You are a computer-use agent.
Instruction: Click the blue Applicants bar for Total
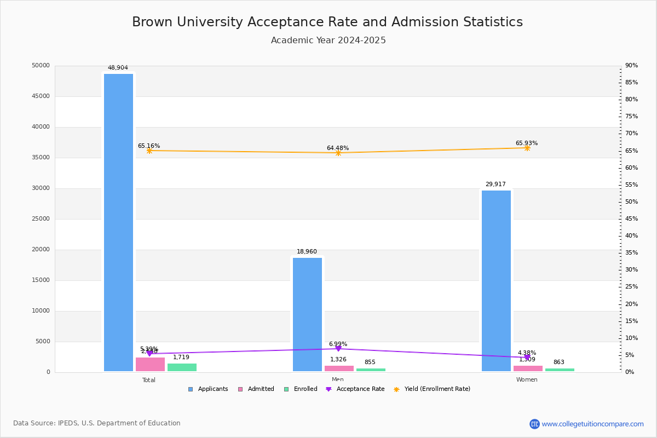pyautogui.click(x=118, y=222)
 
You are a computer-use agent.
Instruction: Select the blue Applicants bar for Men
pyautogui.click(x=307, y=314)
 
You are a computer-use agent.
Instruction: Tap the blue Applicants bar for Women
pyautogui.click(x=496, y=281)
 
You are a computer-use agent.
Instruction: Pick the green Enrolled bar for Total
pyautogui.click(x=182, y=367)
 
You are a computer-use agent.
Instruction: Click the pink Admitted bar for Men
pyautogui.click(x=339, y=368)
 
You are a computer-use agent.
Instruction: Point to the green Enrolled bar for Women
pyautogui.click(x=560, y=370)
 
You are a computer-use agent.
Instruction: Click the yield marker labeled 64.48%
pyautogui.click(x=338, y=153)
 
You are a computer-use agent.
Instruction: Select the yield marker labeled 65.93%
pyautogui.click(x=527, y=148)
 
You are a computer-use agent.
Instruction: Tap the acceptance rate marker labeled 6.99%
pyautogui.click(x=338, y=349)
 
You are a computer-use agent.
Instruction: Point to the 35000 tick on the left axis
pyautogui.click(x=41, y=158)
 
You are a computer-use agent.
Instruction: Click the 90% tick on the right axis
pyautogui.click(x=631, y=66)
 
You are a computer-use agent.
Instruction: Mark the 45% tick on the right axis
pyautogui.click(x=631, y=219)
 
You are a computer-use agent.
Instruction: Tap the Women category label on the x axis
pyautogui.click(x=527, y=380)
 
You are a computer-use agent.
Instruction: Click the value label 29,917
pyautogui.click(x=495, y=185)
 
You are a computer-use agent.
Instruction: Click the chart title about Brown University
pyautogui.click(x=327, y=22)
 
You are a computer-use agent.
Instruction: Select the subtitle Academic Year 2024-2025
pyautogui.click(x=328, y=41)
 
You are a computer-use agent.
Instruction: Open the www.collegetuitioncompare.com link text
pyautogui.click(x=592, y=424)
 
